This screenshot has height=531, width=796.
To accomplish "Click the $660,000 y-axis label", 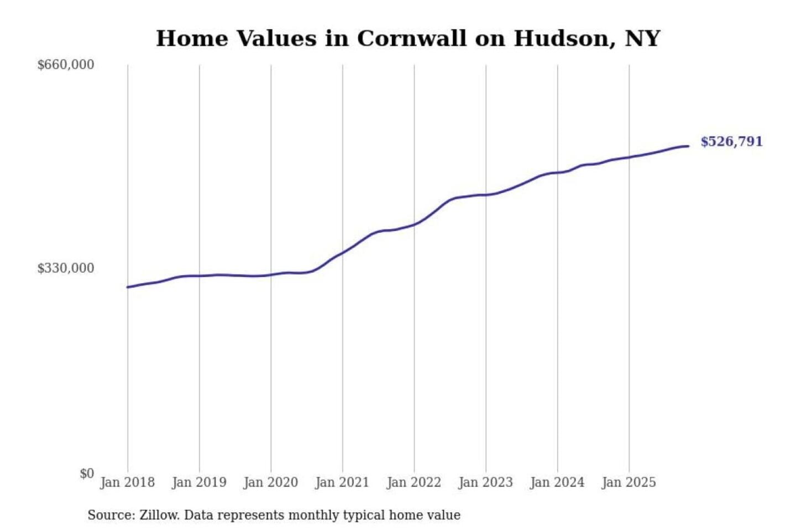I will pyautogui.click(x=66, y=65).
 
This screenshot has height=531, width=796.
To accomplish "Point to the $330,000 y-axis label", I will pyautogui.click(x=66, y=268).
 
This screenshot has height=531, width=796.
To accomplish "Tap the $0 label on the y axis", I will pyautogui.click(x=87, y=473).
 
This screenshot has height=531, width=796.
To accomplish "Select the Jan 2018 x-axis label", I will pyautogui.click(x=127, y=482).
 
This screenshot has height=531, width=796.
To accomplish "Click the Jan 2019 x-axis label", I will pyautogui.click(x=199, y=482).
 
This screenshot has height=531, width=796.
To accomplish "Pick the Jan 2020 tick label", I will pyautogui.click(x=270, y=482).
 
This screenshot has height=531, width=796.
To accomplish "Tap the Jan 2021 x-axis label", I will pyautogui.click(x=342, y=482).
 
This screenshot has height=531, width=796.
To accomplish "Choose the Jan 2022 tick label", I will pyautogui.click(x=413, y=482).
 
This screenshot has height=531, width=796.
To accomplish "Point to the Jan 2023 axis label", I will pyautogui.click(x=485, y=482).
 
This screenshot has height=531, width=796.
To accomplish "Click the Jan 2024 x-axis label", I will pyautogui.click(x=557, y=482).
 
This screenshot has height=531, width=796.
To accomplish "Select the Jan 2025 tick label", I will pyautogui.click(x=629, y=482).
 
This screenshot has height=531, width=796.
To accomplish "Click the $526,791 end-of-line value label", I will pyautogui.click(x=731, y=142).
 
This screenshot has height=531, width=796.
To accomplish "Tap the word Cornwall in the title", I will pyautogui.click(x=411, y=39).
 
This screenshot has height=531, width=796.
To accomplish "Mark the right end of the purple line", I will pyautogui.click(x=688, y=146).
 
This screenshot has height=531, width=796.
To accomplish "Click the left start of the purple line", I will pyautogui.click(x=128, y=287).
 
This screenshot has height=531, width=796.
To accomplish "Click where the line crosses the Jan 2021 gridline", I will pyautogui.click(x=342, y=253).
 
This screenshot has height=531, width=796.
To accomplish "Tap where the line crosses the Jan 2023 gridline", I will pyautogui.click(x=486, y=195).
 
